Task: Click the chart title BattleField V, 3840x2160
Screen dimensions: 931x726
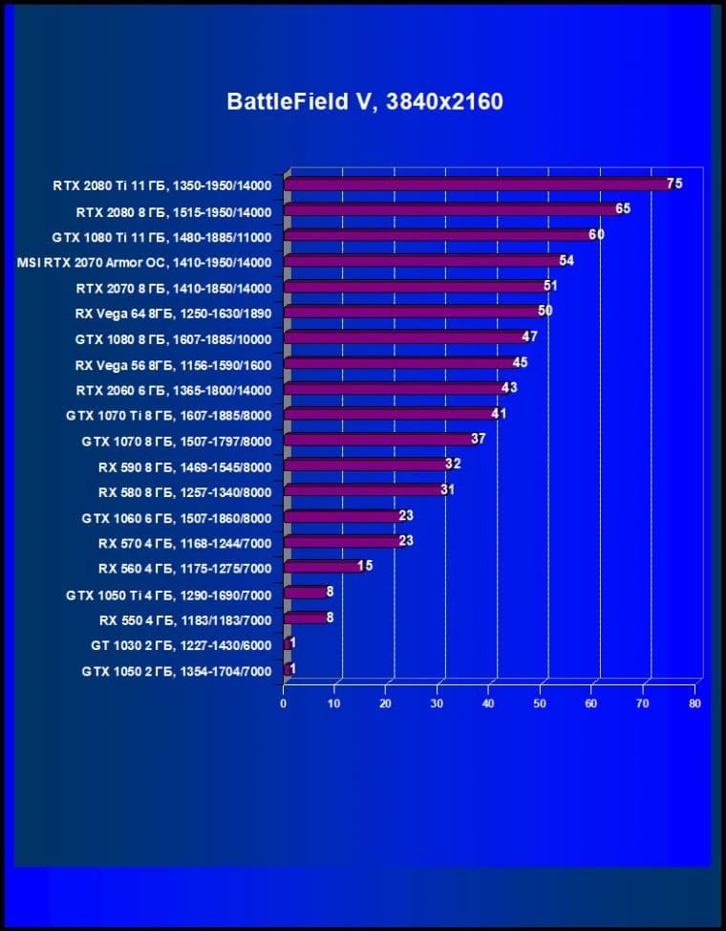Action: point(364,101)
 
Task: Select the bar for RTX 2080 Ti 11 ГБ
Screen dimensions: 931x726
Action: point(478,184)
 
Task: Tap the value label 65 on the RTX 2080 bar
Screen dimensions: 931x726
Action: point(623,208)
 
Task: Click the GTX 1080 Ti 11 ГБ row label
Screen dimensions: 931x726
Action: point(162,237)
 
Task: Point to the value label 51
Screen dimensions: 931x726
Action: point(550,286)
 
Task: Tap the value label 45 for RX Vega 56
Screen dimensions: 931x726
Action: point(520,362)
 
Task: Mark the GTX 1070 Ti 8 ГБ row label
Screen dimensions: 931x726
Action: point(169,416)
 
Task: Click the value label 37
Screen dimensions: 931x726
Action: point(479,439)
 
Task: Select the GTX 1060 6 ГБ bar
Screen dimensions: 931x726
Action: point(343,517)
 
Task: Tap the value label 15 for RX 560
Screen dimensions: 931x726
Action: point(365,566)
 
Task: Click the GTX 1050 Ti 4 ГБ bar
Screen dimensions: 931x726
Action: point(305,594)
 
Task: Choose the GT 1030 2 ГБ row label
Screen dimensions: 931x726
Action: point(181,646)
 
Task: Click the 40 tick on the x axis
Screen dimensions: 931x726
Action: point(488,704)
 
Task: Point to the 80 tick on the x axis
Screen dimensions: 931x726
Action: point(694,704)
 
